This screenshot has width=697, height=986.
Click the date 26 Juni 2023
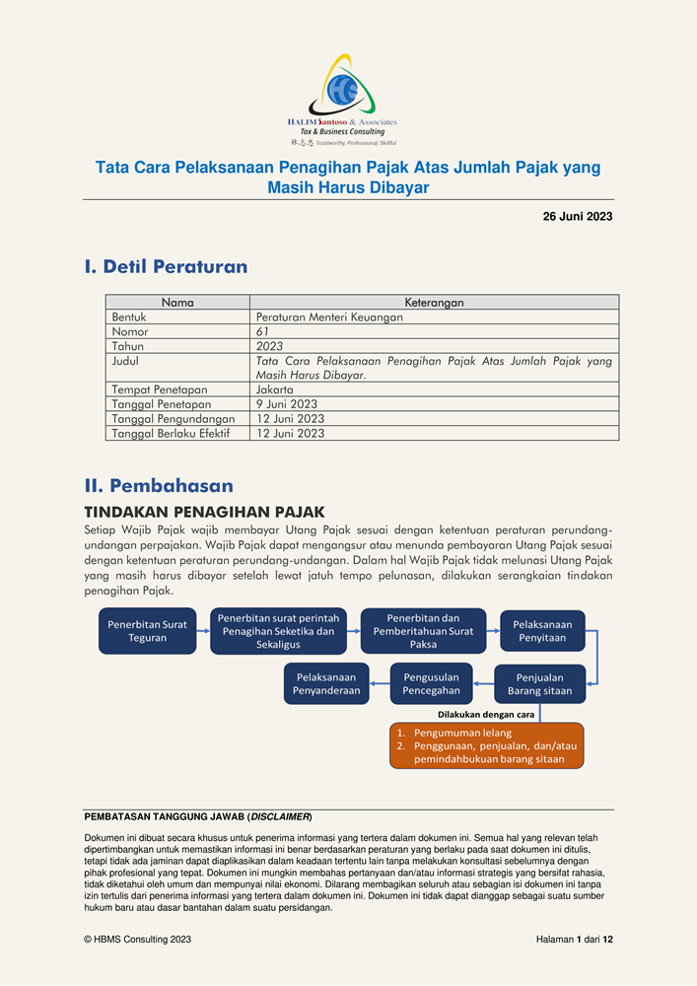coord(578,217)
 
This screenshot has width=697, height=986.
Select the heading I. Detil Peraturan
coord(166,267)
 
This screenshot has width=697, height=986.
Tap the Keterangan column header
coord(434,303)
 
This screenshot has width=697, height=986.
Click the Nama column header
coord(177,303)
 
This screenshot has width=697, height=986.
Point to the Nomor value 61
coord(262,332)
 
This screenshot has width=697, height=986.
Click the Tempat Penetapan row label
coord(160,389)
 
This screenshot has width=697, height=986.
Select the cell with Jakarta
coord(275,389)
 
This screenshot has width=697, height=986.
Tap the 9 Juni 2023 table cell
coord(287,404)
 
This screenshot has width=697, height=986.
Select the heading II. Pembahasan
coord(159,485)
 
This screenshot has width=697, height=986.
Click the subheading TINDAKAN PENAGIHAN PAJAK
coord(204,512)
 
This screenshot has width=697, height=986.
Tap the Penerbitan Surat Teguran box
coord(147,631)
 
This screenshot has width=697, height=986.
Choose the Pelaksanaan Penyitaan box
coord(542,631)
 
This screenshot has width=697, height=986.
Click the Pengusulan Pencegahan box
coord(432,684)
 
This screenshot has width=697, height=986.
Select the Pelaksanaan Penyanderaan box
coord(325,684)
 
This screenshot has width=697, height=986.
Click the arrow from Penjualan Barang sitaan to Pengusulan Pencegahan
coord(483,684)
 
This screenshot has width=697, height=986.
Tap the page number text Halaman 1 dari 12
coord(567,940)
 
